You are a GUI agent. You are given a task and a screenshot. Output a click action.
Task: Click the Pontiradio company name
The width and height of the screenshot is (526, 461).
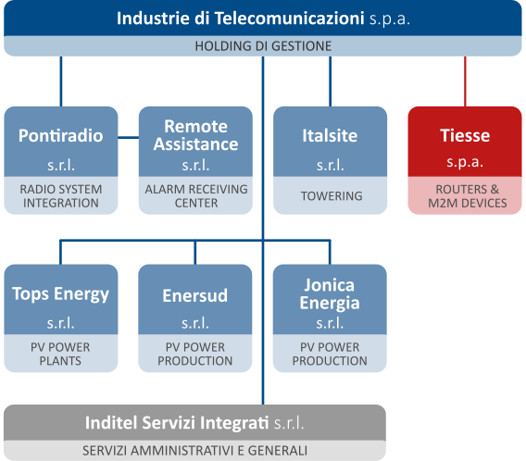[61, 135]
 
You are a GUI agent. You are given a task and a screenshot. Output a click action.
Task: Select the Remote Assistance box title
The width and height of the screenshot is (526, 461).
[196, 135]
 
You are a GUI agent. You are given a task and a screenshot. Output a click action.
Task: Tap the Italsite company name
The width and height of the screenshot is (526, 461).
[330, 135]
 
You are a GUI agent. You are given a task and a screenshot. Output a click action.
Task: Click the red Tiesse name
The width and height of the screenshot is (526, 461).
[465, 135]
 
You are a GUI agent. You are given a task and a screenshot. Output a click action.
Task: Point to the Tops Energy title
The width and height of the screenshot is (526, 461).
[61, 294]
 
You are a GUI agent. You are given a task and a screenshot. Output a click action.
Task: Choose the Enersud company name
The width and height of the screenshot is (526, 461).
[195, 295]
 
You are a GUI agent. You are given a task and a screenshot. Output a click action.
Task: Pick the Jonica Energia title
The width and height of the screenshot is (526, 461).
[330, 294]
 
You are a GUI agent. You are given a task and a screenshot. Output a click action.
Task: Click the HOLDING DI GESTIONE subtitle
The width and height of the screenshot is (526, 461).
[263, 46]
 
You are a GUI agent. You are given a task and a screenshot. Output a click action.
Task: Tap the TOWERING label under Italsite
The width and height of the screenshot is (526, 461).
[332, 196]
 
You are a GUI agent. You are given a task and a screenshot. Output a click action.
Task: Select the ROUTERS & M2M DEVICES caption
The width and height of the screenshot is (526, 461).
[468, 196]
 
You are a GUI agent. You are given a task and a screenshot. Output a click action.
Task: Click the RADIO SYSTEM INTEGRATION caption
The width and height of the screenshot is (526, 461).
[61, 196]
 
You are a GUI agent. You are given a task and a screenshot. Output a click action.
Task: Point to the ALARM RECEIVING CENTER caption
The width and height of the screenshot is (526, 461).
[196, 196]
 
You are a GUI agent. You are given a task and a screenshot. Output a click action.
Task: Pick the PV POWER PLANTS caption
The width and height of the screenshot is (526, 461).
[60, 354]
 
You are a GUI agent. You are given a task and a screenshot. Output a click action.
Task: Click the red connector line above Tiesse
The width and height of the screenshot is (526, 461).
[465, 81]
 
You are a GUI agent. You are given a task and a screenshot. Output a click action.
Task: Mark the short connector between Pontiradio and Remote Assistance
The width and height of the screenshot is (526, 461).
[129, 137]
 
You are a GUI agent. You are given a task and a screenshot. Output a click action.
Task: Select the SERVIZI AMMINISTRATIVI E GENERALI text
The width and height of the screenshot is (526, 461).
[194, 451]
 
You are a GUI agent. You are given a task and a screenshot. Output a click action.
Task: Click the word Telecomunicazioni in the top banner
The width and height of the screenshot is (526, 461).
[289, 19]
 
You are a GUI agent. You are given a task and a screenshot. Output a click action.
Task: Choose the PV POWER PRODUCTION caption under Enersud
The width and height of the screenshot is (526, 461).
[195, 354]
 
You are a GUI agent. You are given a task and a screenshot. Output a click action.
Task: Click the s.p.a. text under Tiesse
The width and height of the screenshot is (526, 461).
[465, 162]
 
